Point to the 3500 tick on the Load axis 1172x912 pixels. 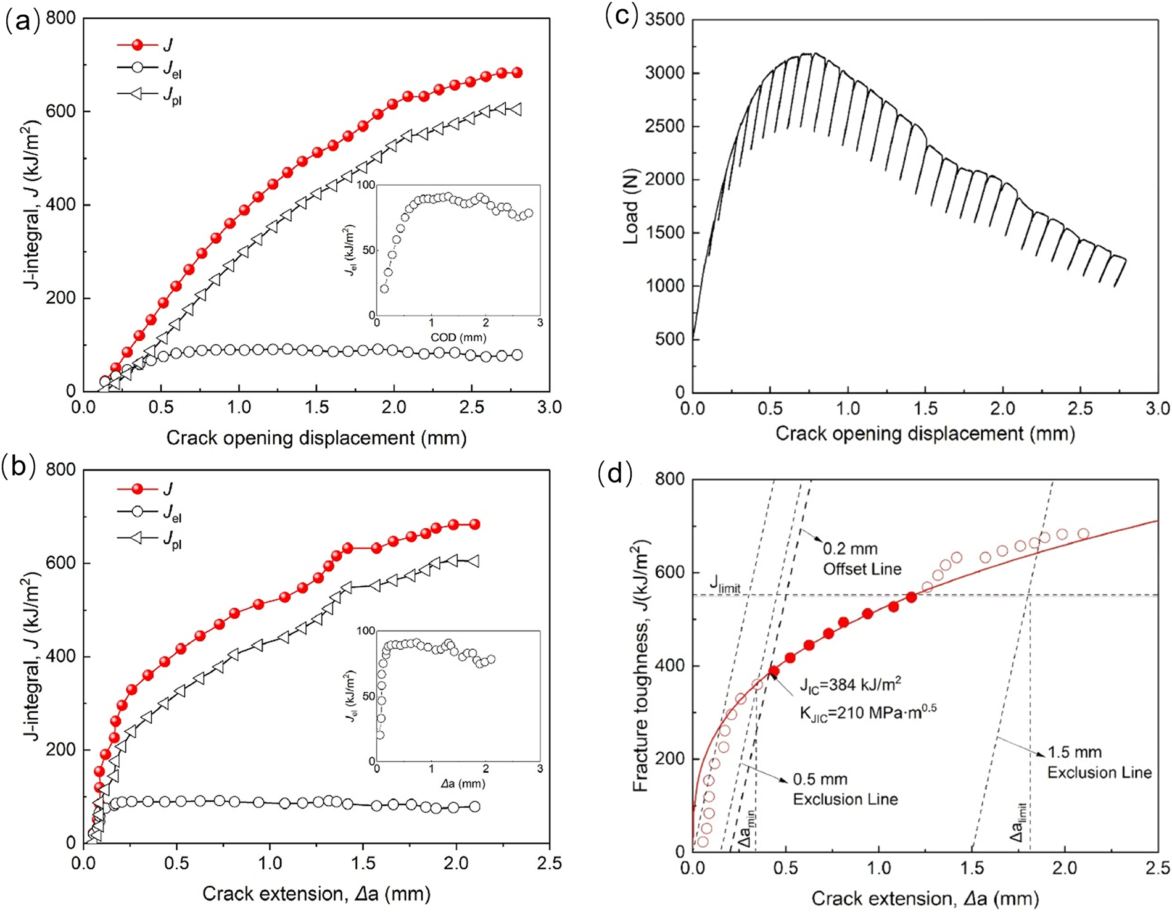pos(664,20)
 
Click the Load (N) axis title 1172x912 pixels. pos(630,206)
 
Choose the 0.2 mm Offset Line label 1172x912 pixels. pos(862,558)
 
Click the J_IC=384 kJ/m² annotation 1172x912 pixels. pos(851,685)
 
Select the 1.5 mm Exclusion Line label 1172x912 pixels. pos(1099,763)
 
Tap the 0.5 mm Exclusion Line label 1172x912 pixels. pos(845,789)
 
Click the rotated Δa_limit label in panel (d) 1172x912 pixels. pos(1018,823)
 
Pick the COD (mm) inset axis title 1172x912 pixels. pos(458,338)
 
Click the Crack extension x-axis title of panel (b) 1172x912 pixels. pos(316,893)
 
